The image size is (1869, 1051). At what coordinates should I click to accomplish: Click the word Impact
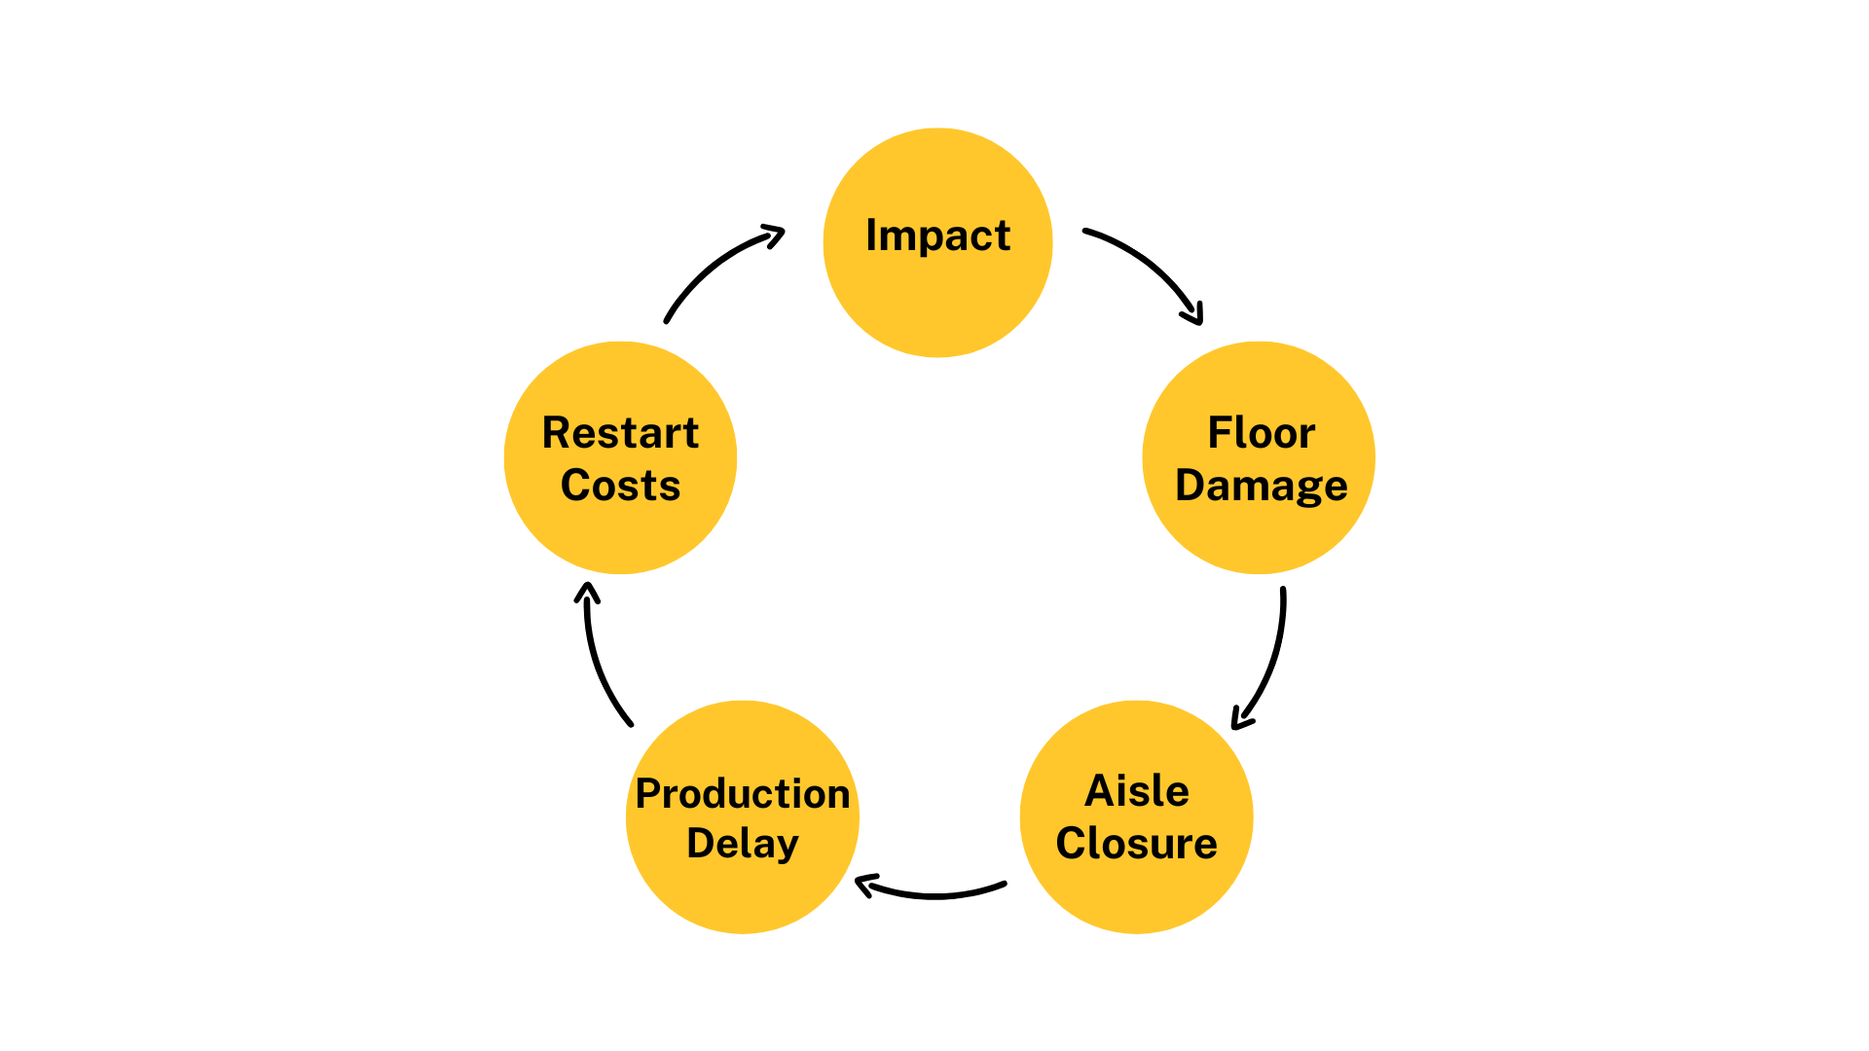[937, 236]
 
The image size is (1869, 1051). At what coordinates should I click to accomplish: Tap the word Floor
[1261, 433]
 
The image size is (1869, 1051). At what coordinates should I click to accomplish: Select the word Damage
[1261, 486]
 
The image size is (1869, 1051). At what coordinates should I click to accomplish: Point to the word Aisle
[1136, 791]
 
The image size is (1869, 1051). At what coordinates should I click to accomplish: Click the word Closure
[1136, 844]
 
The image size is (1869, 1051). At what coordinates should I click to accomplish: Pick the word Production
[742, 794]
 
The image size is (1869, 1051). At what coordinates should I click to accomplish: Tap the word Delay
[742, 844]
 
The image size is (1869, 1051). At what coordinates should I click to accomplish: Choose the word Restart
[620, 433]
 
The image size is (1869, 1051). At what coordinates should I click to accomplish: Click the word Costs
[620, 486]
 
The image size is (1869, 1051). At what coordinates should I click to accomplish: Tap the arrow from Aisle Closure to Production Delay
[934, 894]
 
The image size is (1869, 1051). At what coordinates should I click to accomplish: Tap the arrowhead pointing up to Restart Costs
[586, 591]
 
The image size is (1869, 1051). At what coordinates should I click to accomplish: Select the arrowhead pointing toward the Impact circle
[776, 234]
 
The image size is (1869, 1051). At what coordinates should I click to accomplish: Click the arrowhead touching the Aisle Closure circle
[1239, 720]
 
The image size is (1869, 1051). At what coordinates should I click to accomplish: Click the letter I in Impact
[871, 236]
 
